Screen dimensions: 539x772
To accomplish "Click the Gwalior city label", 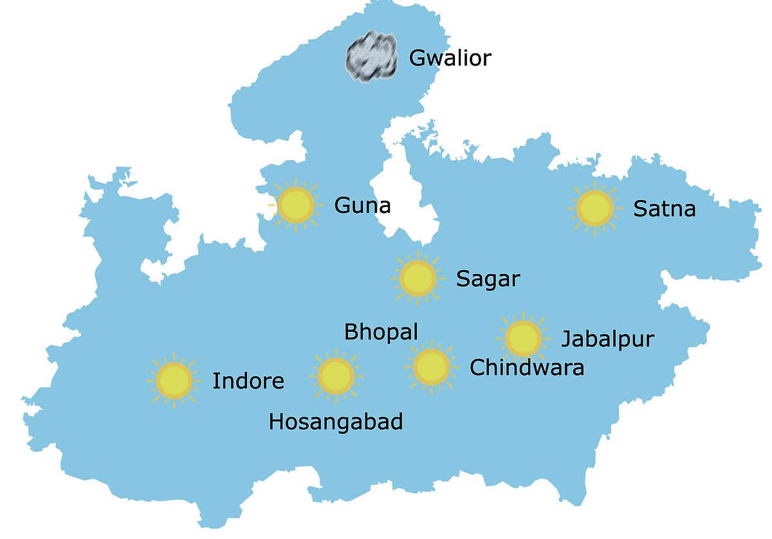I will click(x=450, y=59).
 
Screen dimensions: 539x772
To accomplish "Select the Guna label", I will click(x=362, y=206).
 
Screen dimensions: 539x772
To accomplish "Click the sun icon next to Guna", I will click(x=295, y=205).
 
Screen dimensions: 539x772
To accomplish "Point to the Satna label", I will click(x=664, y=209).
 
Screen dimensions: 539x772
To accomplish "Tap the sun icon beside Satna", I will click(x=594, y=208).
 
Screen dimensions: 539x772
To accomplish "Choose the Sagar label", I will click(x=488, y=279).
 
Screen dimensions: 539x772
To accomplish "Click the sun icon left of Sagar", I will click(x=418, y=279).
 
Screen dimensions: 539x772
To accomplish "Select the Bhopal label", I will click(x=381, y=332).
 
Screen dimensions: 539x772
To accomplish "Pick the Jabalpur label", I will click(x=607, y=339).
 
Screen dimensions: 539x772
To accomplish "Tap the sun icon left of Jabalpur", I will click(x=523, y=338).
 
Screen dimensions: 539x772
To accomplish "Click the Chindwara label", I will click(x=527, y=367).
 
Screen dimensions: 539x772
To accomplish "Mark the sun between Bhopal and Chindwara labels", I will click(x=431, y=367).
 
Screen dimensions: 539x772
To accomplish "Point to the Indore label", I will click(x=248, y=381).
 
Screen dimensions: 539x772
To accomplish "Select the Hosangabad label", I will click(x=336, y=422).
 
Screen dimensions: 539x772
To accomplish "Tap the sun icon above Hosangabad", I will click(x=336, y=376).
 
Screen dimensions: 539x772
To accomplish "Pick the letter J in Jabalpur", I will click(x=566, y=340).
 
